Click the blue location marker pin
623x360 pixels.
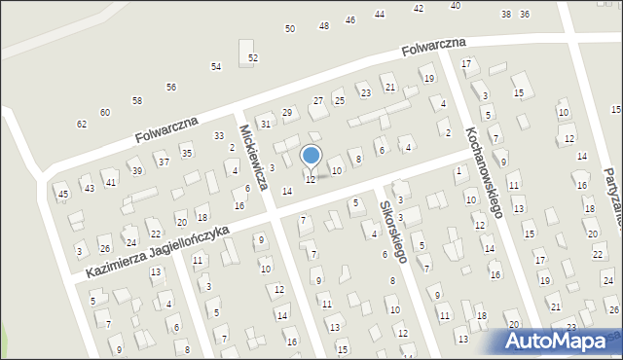coord(311,156)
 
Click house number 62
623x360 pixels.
coord(82,125)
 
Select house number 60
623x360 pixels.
coord(105,113)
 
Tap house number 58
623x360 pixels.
coord(137,101)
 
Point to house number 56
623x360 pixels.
coord(171,88)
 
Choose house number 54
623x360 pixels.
coord(216,66)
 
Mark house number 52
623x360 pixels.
coord(253,58)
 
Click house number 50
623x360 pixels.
coord(290,29)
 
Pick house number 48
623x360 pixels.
coord(324,25)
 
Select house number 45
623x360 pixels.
coord(63,195)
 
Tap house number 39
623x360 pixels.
coord(137,171)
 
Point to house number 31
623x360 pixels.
coord(265,124)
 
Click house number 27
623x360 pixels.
coord(317,101)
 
